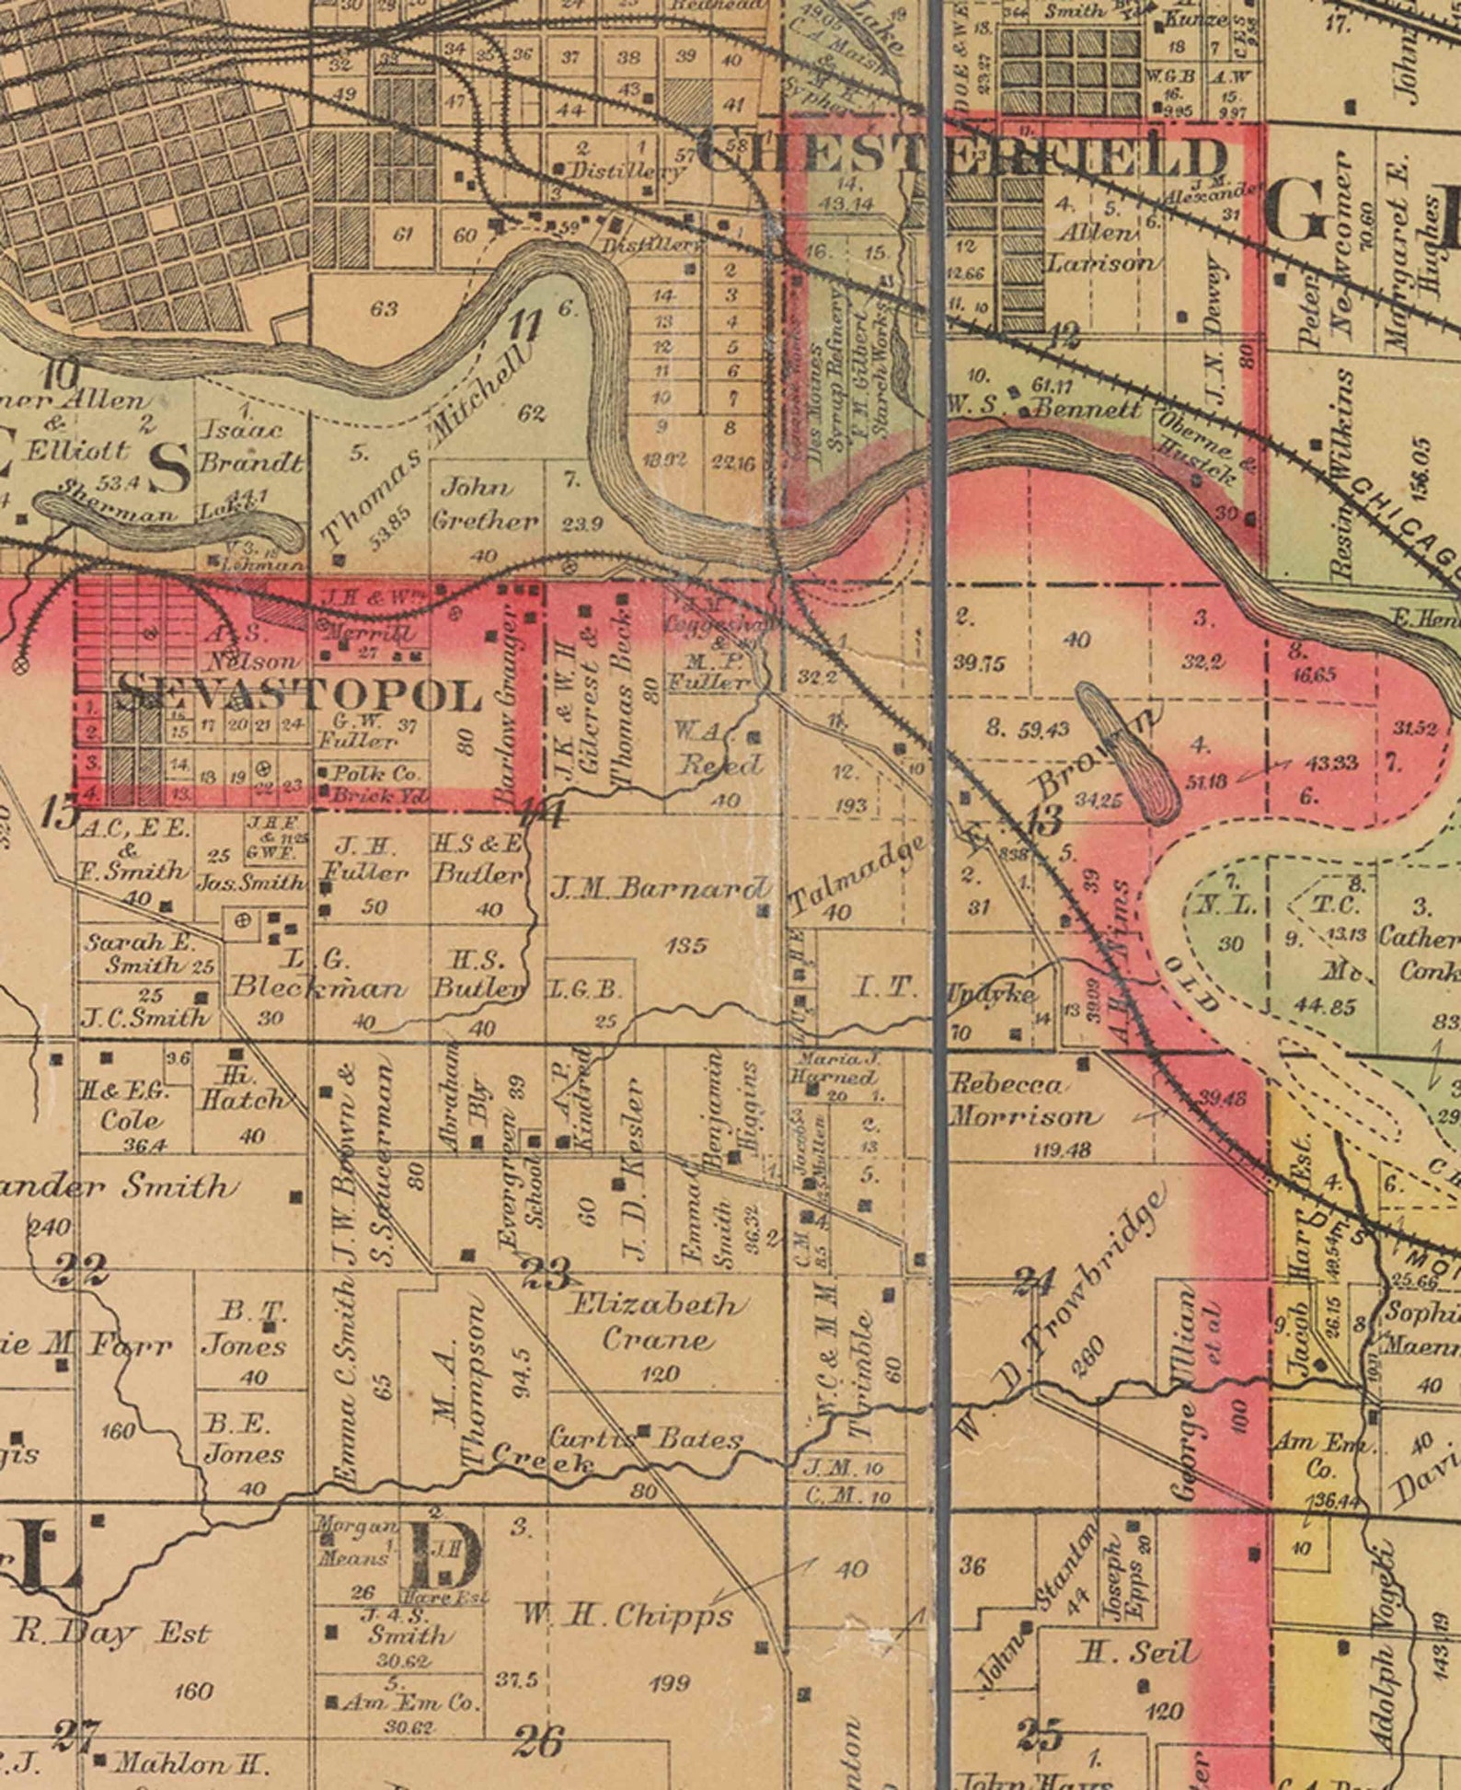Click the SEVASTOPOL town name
(299, 694)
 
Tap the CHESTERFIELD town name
(961, 156)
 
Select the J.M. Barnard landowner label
(661, 888)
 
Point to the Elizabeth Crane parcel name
(655, 1322)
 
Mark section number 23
(546, 1274)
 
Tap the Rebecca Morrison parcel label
(1023, 1101)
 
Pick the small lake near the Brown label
(1130, 751)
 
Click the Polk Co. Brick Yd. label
(373, 784)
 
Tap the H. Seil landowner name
(1138, 1653)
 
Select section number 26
(537, 1740)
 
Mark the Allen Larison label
(1099, 247)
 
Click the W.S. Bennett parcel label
(1044, 406)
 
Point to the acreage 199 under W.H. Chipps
(669, 1683)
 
